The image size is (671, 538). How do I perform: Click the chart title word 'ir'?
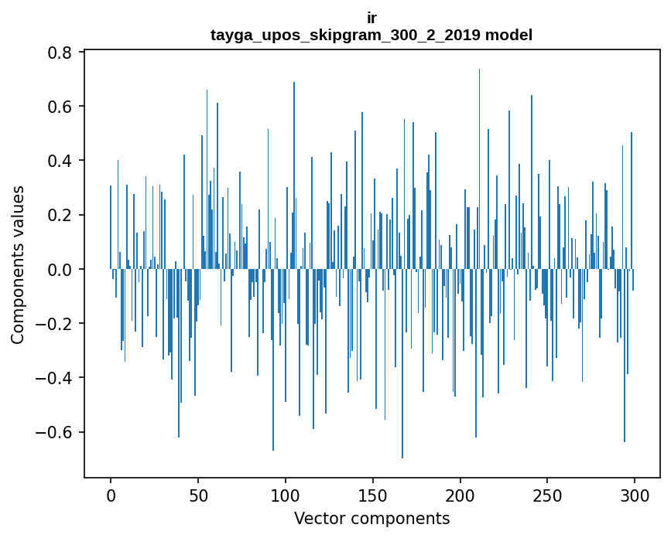[x=371, y=17]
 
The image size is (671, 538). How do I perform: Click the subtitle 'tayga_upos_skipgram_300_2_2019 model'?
[x=371, y=35]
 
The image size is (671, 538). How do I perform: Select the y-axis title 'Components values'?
[x=18, y=264]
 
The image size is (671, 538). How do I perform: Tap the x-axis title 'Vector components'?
[x=371, y=518]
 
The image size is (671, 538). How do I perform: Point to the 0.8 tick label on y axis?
[x=61, y=53]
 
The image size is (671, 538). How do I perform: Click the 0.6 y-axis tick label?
[x=61, y=107]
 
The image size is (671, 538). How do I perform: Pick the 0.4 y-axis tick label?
[x=61, y=161]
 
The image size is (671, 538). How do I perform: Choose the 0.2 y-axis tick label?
[x=61, y=215]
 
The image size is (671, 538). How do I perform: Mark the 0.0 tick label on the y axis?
[x=61, y=270]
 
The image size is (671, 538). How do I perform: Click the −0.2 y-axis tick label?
[x=56, y=324]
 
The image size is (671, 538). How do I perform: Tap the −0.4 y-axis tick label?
[x=56, y=378]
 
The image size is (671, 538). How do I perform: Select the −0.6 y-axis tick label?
[x=56, y=432]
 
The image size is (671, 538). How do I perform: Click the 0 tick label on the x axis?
[x=111, y=494]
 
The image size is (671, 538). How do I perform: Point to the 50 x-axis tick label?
[x=198, y=494]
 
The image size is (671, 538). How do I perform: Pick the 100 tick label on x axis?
[x=286, y=494]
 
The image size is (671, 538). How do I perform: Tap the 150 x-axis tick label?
[x=373, y=494]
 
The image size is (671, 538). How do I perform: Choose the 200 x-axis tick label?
[x=460, y=494]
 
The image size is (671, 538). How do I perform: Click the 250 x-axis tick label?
[x=548, y=494]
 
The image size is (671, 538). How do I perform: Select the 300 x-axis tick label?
[x=635, y=494]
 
